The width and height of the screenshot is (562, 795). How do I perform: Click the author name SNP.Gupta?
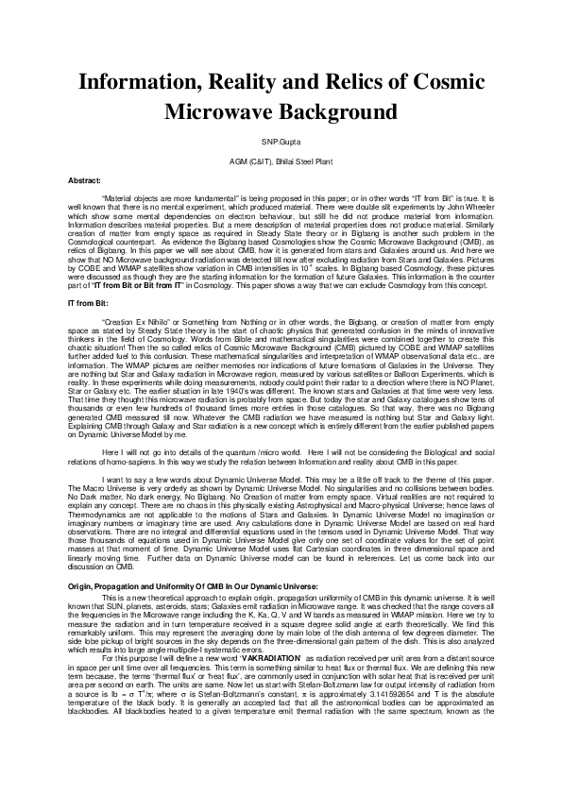[281, 142]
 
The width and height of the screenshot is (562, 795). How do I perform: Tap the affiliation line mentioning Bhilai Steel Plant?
[281, 161]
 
